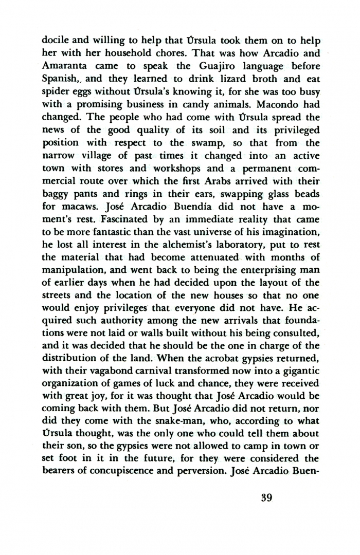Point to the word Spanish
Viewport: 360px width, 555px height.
(59, 80)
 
